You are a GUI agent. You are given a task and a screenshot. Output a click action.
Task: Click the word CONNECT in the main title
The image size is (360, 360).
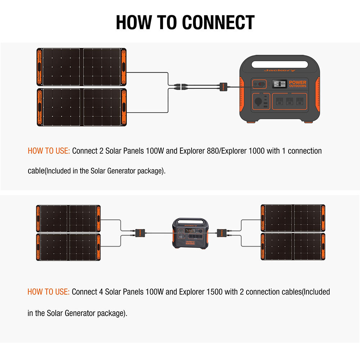pos(218,22)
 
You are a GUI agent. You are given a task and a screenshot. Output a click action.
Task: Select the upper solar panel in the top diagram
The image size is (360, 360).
pos(81,67)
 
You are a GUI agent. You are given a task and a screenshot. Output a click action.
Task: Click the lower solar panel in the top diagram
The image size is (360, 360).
pos(81,107)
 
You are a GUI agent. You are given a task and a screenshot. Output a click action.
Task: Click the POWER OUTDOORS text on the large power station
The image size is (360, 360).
pos(298,84)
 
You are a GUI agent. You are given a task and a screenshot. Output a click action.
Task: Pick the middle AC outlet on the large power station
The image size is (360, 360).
pos(289,102)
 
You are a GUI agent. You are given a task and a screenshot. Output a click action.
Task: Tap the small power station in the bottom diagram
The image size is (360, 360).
pos(189,233)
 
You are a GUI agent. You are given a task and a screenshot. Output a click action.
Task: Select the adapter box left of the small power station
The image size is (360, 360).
pos(139,232)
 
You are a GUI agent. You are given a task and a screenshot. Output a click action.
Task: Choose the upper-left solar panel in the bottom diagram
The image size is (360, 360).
pos(68,219)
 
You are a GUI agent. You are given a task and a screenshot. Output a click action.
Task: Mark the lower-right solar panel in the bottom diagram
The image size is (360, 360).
pos(293,247)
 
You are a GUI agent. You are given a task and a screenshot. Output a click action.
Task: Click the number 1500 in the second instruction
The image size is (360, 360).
pos(214,292)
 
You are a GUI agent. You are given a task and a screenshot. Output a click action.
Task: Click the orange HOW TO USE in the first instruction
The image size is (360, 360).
pos(49,151)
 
